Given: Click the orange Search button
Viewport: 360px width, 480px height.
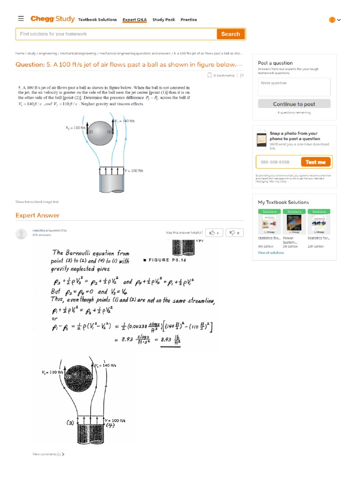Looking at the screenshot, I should coord(230,34).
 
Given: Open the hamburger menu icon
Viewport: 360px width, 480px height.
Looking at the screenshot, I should coord(21,19).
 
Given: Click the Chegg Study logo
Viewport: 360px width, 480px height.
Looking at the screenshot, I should coord(52,19).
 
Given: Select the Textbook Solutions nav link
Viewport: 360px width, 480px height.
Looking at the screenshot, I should coord(97,20).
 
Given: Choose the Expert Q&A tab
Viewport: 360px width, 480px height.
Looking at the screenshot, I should coord(135,20).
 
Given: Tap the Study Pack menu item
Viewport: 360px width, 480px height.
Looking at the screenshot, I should coord(164,20).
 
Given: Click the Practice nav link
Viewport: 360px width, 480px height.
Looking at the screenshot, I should coord(189,20).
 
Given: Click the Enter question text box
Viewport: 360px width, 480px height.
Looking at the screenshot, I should coord(294,87).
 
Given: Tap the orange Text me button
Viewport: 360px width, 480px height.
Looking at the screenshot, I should coord(315,162).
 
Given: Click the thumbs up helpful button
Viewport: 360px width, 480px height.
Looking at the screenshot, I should coord(215,232).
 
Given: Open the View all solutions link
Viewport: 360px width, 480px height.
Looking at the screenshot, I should coord(270,253).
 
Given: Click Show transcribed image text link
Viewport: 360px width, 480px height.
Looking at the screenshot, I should coord(37,202).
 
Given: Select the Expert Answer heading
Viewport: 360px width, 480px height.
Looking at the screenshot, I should coord(37,216).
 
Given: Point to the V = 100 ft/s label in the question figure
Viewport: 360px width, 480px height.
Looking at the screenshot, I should coord(134,171).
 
